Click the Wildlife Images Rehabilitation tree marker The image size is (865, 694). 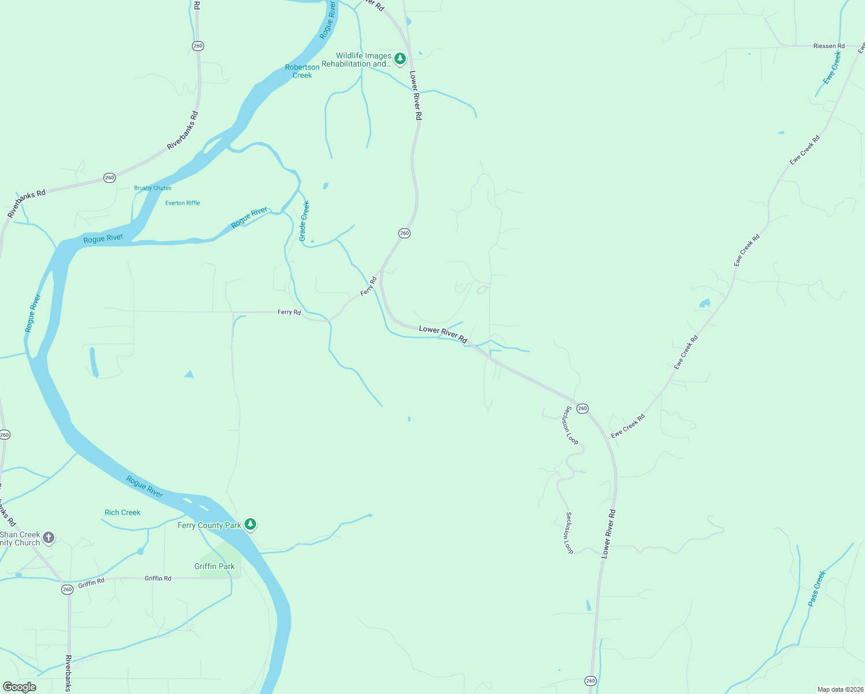[400, 58]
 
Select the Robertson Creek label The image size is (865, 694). [302, 71]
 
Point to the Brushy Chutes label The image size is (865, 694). [153, 188]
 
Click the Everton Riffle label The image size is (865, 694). [183, 203]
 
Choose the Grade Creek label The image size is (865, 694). [304, 220]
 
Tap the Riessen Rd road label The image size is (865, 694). [829, 46]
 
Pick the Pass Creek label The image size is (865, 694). [817, 588]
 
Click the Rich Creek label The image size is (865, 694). [123, 512]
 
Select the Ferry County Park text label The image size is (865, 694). [209, 525]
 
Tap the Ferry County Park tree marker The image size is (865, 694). [250, 524]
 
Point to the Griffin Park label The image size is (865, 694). [215, 566]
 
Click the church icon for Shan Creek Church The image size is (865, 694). [49, 538]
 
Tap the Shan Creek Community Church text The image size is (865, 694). [20, 538]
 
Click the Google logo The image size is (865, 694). [20, 687]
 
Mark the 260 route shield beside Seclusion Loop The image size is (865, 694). [582, 408]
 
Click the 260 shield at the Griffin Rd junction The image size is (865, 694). [67, 589]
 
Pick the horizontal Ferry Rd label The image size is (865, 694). [289, 312]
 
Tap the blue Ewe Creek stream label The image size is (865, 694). [832, 68]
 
